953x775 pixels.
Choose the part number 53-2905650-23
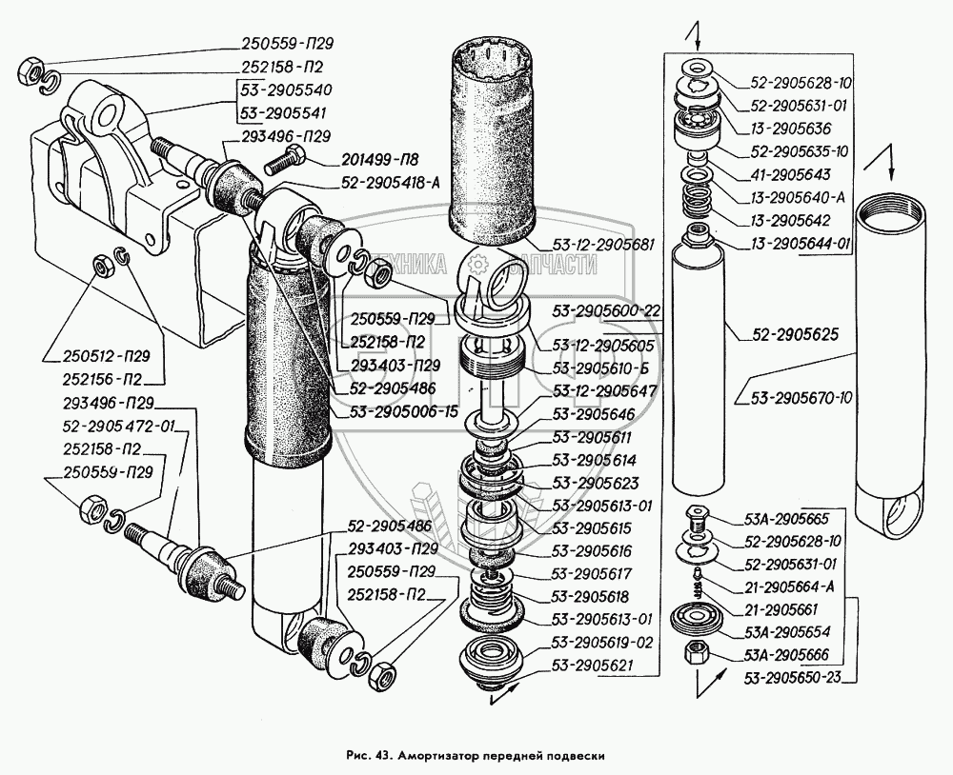pyautogui.click(x=795, y=677)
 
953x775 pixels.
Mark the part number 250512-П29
pyautogui.click(x=87, y=358)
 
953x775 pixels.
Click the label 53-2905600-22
pyautogui.click(x=607, y=310)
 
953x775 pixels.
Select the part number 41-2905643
pyautogui.click(x=791, y=174)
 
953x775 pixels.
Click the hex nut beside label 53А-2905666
pyautogui.click(x=697, y=654)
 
